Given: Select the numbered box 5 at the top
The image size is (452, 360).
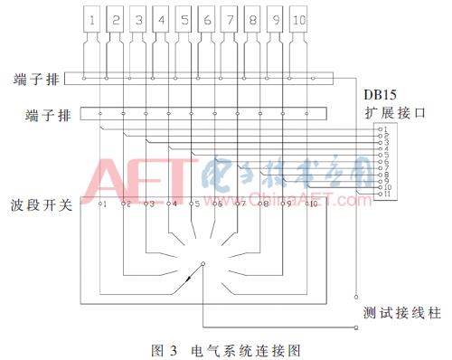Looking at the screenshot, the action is click(x=184, y=18).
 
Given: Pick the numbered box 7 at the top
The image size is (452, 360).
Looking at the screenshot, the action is click(x=230, y=18).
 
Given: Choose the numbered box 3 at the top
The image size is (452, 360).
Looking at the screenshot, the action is click(x=137, y=18).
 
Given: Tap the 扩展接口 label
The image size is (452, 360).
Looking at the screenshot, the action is click(x=384, y=114).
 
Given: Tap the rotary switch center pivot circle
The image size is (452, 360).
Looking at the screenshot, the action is click(x=203, y=265).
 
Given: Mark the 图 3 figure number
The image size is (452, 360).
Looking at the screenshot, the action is click(x=164, y=346).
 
